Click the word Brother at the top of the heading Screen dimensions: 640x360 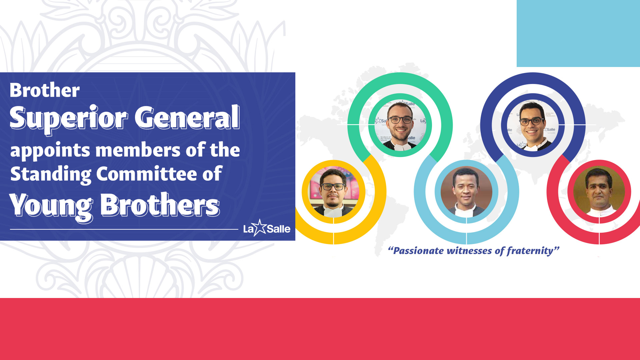click(45, 90)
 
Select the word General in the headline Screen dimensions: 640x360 click(187, 117)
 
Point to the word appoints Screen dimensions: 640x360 click(50, 151)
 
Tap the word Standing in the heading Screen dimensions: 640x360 click(51, 174)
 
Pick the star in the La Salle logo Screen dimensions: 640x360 click(260, 228)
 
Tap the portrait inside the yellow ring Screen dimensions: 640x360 click(334, 192)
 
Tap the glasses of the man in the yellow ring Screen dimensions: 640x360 click(333, 187)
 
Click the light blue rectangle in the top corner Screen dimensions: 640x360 click(578, 33)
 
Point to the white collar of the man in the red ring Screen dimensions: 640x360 click(599, 211)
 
